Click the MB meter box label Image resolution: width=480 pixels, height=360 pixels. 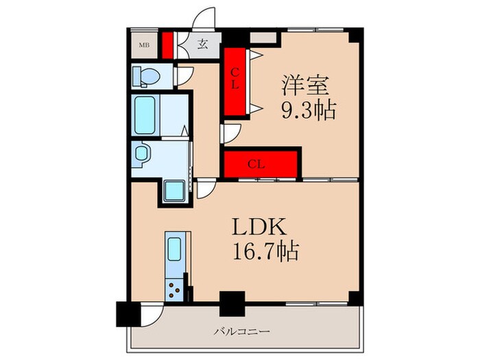(145, 46)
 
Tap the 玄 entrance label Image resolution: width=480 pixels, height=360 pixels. (203, 45)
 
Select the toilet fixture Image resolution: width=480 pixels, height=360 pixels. (145, 75)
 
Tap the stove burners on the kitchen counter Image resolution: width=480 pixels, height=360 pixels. (176, 291)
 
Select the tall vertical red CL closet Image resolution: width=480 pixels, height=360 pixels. (235, 81)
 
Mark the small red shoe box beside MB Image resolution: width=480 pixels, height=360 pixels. (167, 46)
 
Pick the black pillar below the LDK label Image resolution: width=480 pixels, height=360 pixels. (231, 303)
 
